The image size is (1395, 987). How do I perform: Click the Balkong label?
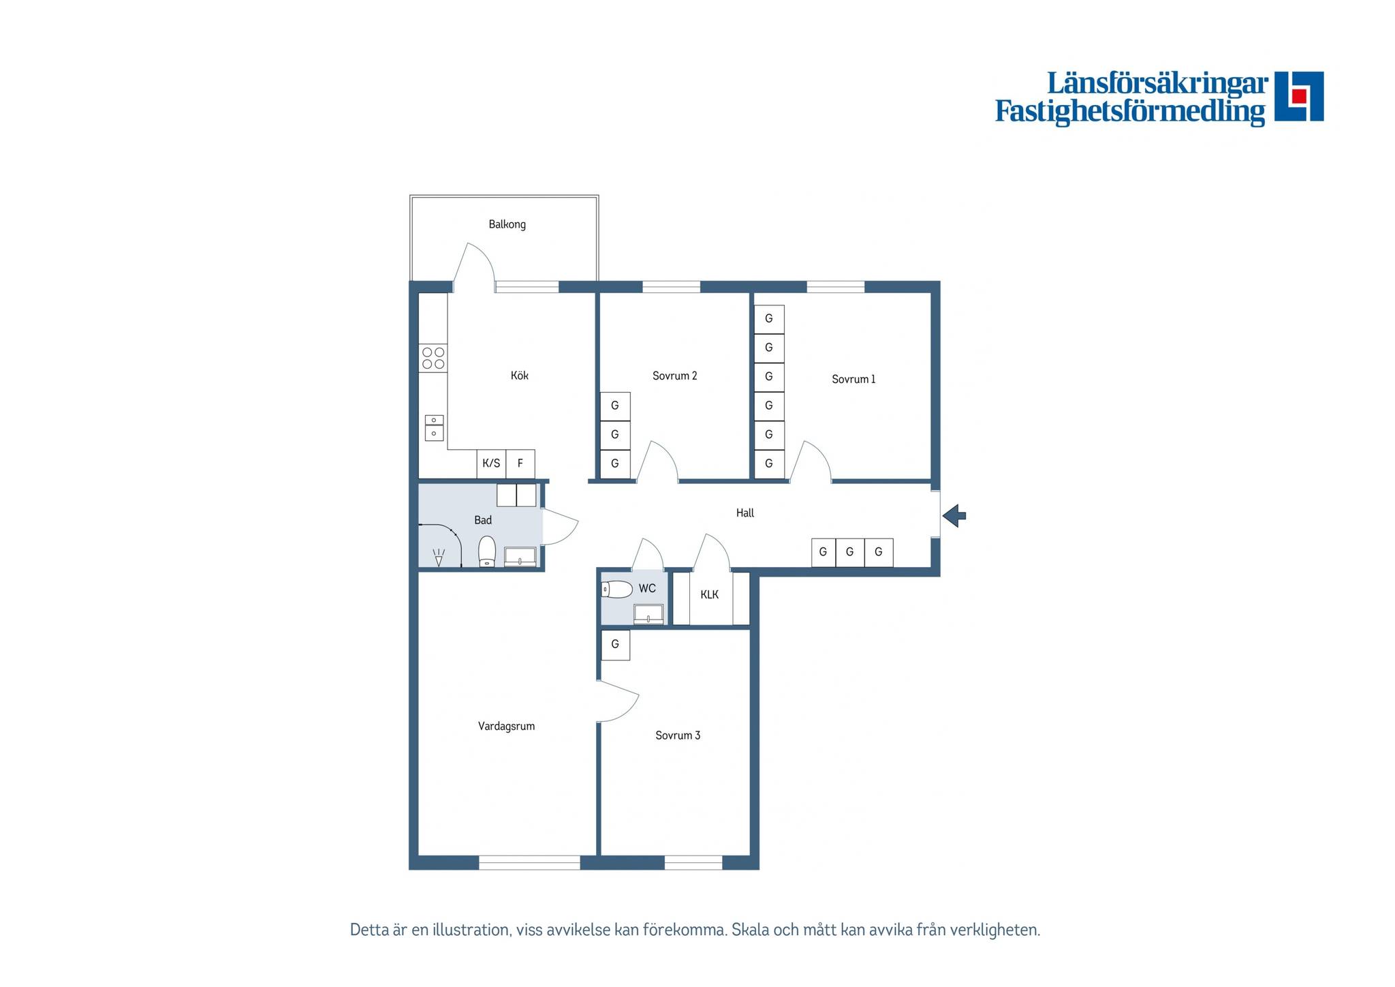pos(507,224)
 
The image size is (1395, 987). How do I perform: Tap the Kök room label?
pos(520,375)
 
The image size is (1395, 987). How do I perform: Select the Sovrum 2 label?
pos(674,376)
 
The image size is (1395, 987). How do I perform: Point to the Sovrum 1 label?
pos(853,379)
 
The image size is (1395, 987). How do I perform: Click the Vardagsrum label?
pos(506,727)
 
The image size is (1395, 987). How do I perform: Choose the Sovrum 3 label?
pos(678,735)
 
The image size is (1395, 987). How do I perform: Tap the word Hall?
pos(745,513)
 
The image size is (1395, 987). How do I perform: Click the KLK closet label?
pos(709,594)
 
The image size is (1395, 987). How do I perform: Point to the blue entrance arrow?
pos(954,515)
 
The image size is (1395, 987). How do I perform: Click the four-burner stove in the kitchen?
pos(433,358)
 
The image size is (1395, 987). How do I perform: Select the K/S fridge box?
pos(491,464)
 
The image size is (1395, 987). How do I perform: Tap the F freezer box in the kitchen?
pos(520,464)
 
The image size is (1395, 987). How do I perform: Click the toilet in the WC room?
pos(616,589)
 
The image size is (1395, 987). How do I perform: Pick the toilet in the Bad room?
pos(487,551)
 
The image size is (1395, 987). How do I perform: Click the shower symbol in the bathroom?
pos(439,558)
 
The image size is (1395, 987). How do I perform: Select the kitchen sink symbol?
pos(434,427)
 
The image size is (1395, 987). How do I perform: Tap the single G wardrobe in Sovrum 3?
pos(615,645)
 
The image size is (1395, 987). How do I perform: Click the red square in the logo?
pos(1299,95)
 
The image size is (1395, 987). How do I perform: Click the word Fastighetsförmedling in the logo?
pos(1130,111)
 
